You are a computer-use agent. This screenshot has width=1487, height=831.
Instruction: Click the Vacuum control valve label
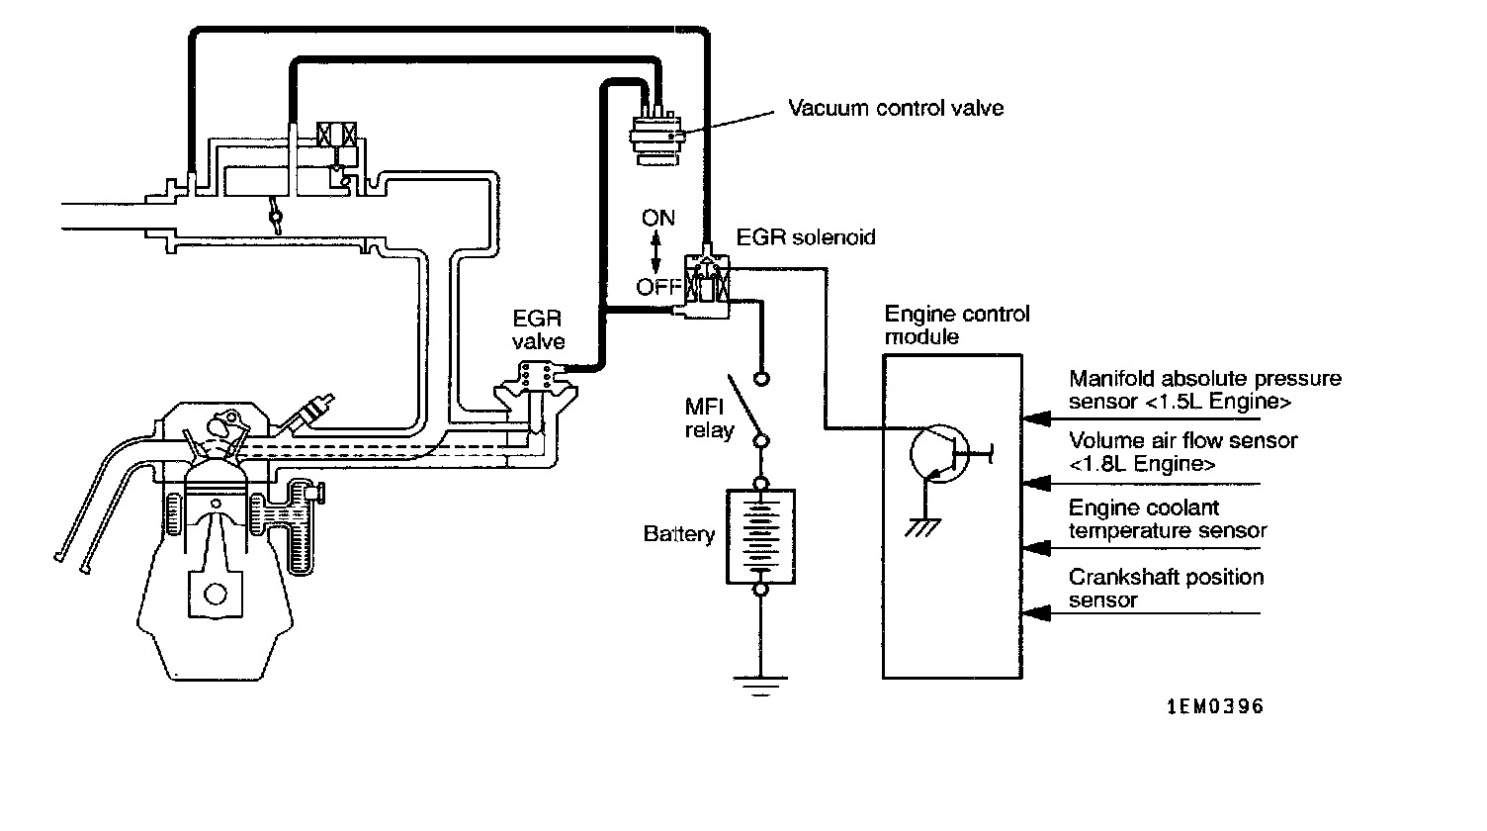(x=896, y=108)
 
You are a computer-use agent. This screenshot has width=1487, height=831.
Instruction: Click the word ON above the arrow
(x=657, y=218)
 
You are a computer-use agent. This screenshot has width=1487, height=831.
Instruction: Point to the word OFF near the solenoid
(x=658, y=287)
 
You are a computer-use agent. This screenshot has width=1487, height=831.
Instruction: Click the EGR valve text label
(x=538, y=329)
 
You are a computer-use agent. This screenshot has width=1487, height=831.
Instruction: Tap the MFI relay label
(x=709, y=417)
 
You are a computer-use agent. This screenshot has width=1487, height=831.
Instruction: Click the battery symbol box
(x=760, y=537)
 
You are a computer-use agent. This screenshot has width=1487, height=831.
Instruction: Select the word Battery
(x=679, y=534)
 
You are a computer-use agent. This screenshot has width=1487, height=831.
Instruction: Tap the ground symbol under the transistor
(x=922, y=527)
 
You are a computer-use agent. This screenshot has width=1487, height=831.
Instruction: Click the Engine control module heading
(x=957, y=324)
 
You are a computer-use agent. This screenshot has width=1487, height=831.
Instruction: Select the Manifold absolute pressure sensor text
(x=1205, y=389)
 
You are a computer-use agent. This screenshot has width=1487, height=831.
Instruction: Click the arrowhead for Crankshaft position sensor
(x=1036, y=613)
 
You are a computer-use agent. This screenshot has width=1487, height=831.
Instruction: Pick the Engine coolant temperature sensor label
(x=1168, y=518)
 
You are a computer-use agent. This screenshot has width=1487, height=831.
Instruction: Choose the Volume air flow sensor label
(x=1182, y=451)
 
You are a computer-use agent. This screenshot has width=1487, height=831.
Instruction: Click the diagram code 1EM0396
(x=1215, y=706)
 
